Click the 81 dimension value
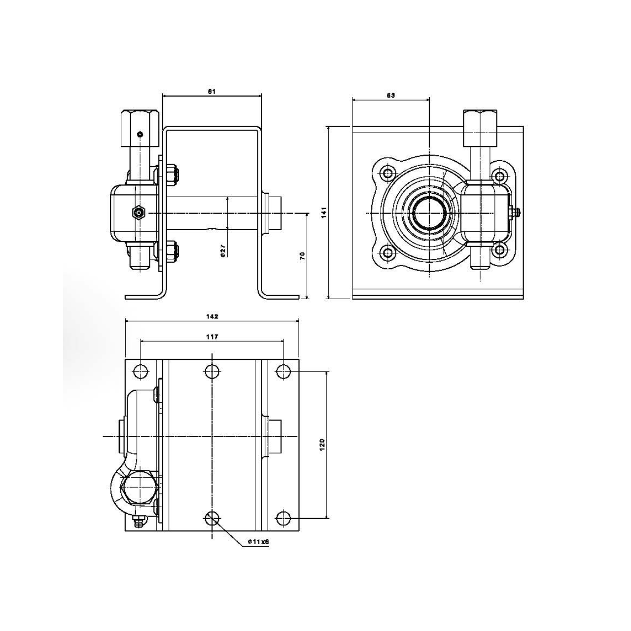[212, 92]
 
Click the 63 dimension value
[390, 95]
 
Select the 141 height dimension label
[324, 212]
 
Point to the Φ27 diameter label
[223, 251]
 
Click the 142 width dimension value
[212, 316]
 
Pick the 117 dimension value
[212, 337]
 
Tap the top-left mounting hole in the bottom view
[141, 371]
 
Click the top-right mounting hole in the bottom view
[283, 371]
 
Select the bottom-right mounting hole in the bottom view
[283, 518]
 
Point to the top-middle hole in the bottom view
[212, 371]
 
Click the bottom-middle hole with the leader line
[212, 518]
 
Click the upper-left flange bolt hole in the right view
[389, 173]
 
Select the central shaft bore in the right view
[428, 212]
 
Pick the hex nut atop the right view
[480, 129]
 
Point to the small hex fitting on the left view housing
[139, 213]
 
